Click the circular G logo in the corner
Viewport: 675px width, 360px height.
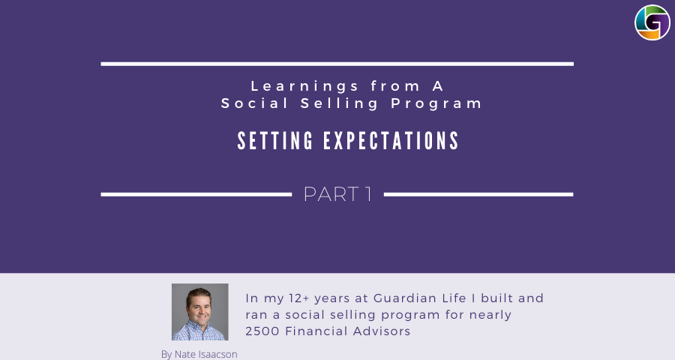click(x=652, y=22)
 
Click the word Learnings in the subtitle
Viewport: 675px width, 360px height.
click(x=304, y=86)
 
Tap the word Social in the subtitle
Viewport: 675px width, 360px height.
click(x=255, y=103)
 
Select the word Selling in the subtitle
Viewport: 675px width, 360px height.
click(x=340, y=103)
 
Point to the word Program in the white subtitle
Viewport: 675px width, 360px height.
click(x=436, y=103)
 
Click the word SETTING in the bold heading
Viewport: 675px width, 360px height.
click(x=275, y=141)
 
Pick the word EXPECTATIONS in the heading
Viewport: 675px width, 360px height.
click(x=391, y=141)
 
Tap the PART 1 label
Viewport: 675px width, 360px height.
click(x=338, y=194)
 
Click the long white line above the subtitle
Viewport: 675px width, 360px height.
click(x=337, y=64)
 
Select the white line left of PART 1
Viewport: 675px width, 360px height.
click(x=196, y=195)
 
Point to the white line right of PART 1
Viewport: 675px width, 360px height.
click(x=478, y=195)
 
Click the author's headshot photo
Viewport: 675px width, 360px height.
click(x=200, y=312)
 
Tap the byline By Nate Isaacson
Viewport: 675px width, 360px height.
click(x=199, y=355)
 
